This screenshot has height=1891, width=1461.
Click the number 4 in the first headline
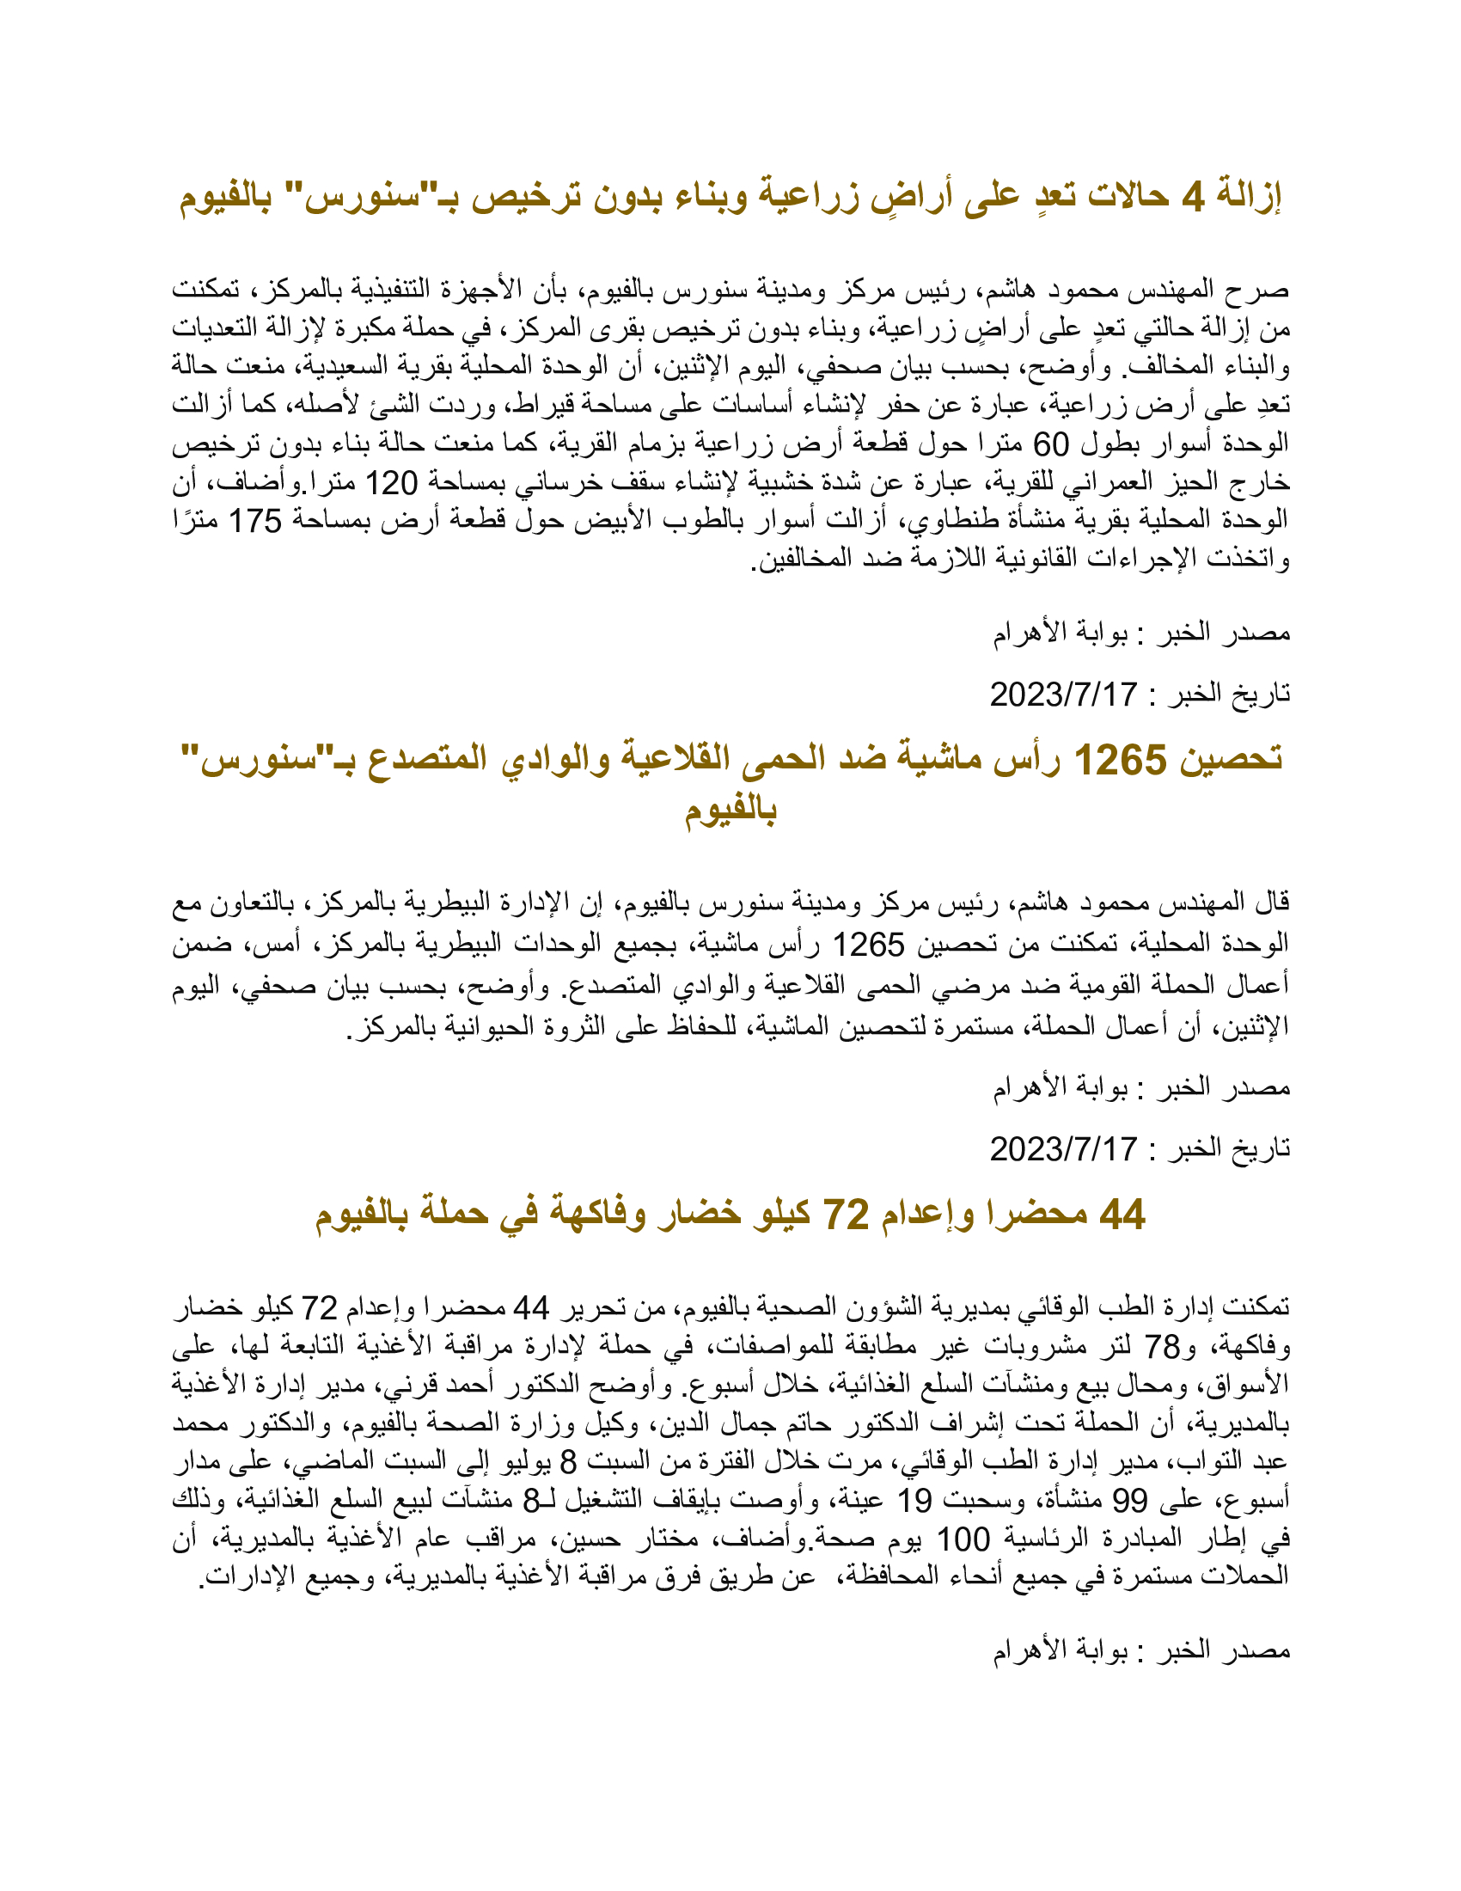click(1193, 199)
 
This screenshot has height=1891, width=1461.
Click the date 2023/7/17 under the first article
click(1063, 695)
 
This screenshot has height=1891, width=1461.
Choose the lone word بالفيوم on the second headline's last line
click(730, 811)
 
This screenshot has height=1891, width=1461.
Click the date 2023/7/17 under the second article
click(1063, 1149)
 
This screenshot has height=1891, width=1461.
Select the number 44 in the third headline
click(1122, 1215)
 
